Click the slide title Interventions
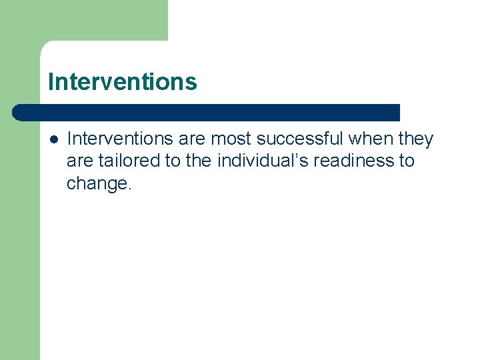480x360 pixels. [123, 82]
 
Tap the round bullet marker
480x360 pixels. [53, 139]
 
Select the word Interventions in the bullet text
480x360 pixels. [121, 139]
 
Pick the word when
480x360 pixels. [369, 139]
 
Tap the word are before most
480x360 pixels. [193, 139]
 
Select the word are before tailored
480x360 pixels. [79, 161]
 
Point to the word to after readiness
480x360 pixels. [407, 161]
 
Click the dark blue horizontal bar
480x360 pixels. [207, 112]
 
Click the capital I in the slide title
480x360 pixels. [51, 82]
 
